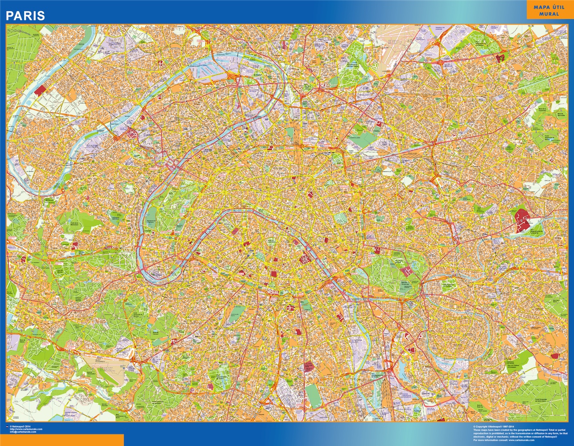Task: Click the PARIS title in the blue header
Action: click(x=25, y=16)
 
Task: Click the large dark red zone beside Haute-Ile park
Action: click(x=520, y=220)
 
